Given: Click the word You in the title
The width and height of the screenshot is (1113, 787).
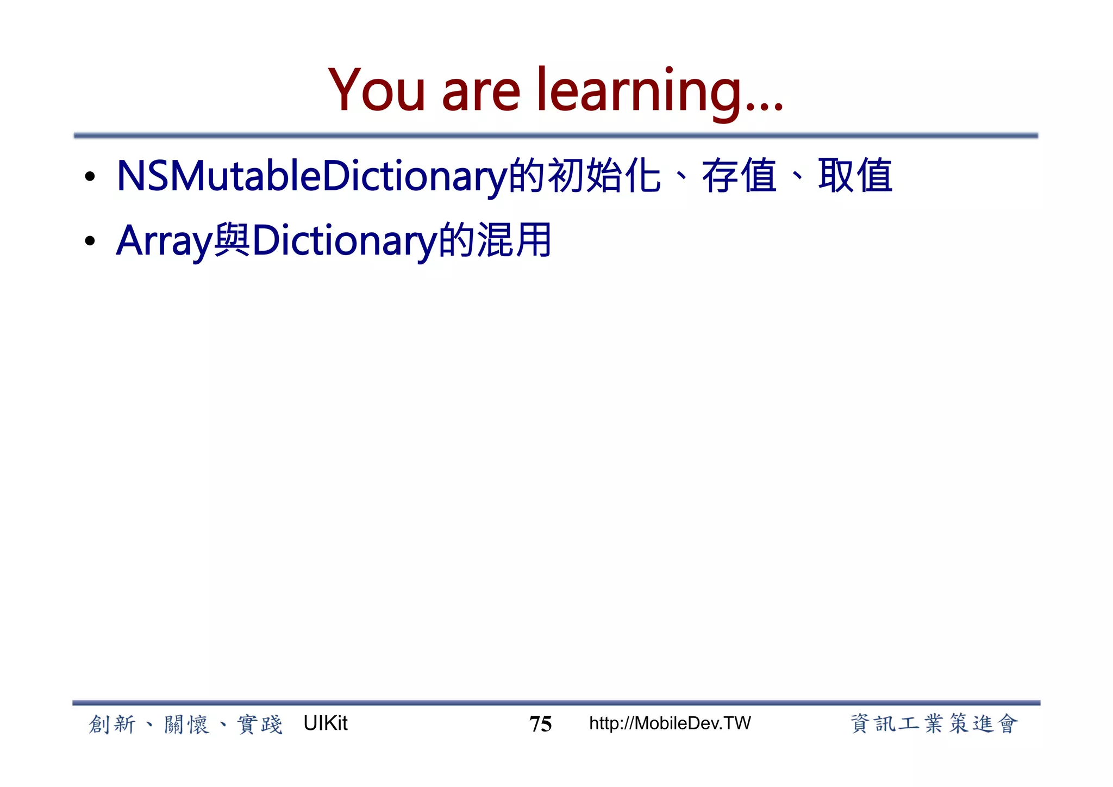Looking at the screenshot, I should point(376,91).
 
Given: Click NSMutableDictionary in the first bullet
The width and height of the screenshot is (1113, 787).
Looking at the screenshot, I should point(312,176).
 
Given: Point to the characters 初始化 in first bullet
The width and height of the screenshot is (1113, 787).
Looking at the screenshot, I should point(604,176).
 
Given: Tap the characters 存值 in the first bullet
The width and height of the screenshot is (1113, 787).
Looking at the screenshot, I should point(739,176).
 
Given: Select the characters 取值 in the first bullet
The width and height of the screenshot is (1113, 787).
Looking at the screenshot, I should point(855,176).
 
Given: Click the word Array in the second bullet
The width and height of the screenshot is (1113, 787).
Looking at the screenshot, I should point(164,241).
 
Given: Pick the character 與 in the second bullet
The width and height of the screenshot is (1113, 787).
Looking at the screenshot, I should point(232,240).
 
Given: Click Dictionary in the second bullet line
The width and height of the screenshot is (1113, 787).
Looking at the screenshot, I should point(345,241).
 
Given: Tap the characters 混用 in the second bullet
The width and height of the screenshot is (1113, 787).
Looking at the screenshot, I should point(514,240).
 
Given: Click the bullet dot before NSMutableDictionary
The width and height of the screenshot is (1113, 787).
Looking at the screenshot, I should point(90,177).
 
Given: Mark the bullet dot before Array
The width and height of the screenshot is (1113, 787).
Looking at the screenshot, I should point(90,241).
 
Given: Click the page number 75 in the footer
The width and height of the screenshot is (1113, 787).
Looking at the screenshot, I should point(540,724).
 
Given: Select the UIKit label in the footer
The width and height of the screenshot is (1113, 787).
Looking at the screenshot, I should point(325,723).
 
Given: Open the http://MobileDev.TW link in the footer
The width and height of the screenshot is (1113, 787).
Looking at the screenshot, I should point(670,723).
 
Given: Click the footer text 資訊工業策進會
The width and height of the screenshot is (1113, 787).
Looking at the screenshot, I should point(934,724).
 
